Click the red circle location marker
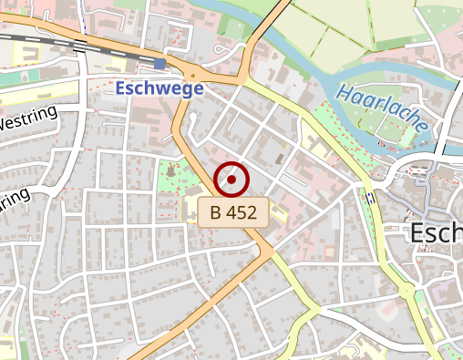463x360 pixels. [231, 180]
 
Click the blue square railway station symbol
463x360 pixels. [160, 63]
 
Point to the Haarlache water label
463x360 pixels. [381, 108]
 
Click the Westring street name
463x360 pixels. [27, 118]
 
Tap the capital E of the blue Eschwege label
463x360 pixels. [122, 89]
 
